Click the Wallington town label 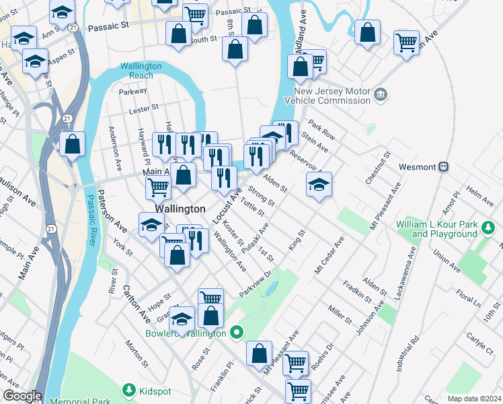point(180,209)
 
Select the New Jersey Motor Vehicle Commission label point(332,96)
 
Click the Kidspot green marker point(128,390)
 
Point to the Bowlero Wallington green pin point(236,332)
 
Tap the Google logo point(22,396)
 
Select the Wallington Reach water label point(141,71)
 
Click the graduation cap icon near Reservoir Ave point(319,186)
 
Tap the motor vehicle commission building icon point(381,93)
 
